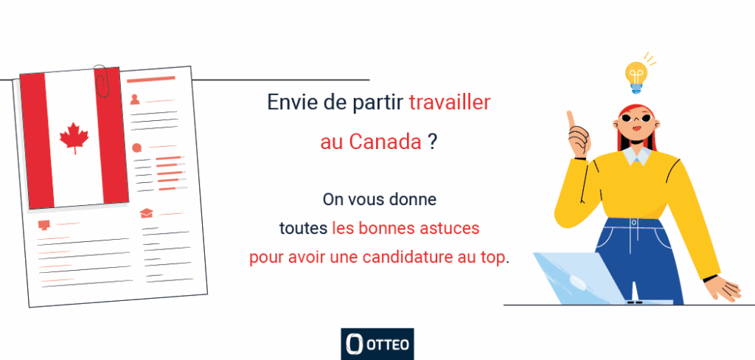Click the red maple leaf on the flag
point(74,137)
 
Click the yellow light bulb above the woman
point(636,77)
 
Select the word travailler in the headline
point(449,103)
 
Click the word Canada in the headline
point(385,142)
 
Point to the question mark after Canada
point(433,142)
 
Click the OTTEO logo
point(377,344)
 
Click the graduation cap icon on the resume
point(147,213)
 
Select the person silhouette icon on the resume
point(136,100)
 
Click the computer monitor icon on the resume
point(44,225)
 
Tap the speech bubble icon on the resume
point(137,148)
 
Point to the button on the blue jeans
point(633,223)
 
